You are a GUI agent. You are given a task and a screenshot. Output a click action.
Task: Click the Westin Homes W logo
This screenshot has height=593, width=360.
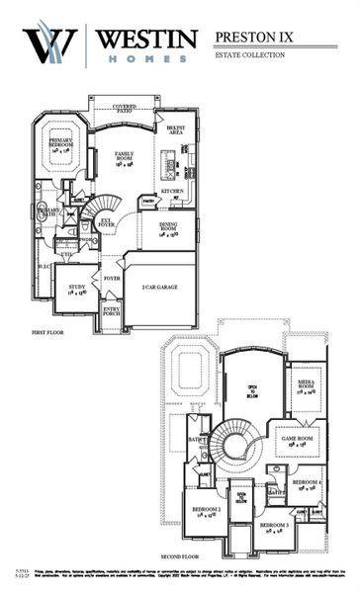pyautogui.click(x=48, y=44)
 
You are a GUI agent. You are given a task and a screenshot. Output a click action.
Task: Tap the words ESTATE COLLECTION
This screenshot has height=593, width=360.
pyautogui.click(x=249, y=55)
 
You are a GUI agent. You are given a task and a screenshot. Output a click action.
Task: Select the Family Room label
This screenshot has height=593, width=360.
pyautogui.click(x=125, y=157)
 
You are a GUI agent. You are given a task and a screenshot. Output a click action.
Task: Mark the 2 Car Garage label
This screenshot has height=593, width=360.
pyautogui.click(x=159, y=287)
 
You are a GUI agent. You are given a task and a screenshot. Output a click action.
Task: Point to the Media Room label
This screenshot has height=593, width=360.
pyautogui.click(x=305, y=386)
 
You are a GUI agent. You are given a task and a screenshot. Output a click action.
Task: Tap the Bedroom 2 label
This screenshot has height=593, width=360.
pyautogui.click(x=206, y=512)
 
